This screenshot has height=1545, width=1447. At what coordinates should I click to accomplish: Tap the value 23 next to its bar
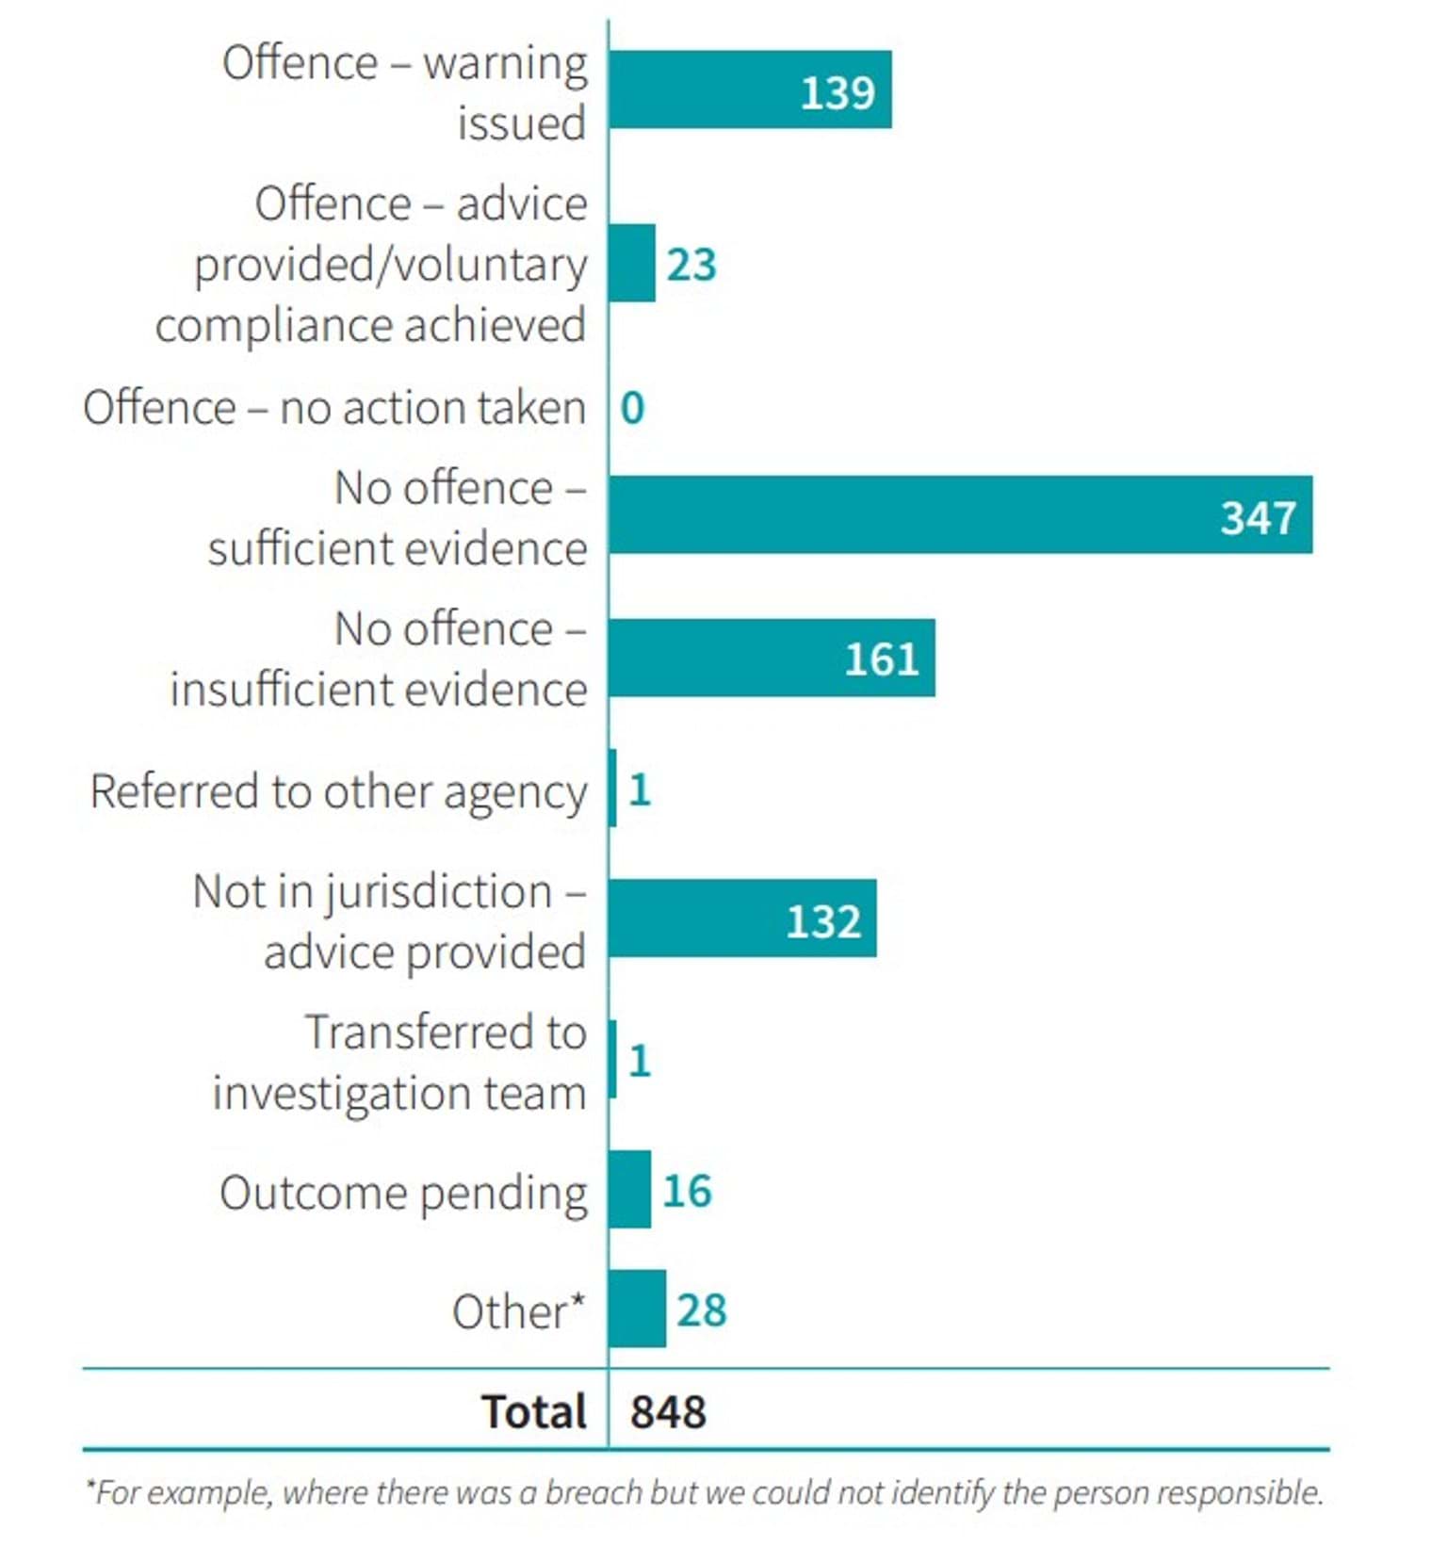pyautogui.click(x=691, y=265)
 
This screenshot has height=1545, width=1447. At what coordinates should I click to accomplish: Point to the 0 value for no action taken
pyautogui.click(x=632, y=408)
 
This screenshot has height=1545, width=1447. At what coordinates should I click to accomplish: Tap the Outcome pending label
pyautogui.click(x=402, y=1193)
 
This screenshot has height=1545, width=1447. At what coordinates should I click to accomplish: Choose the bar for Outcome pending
pyautogui.click(x=629, y=1189)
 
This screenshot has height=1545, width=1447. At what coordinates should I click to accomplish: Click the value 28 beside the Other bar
pyautogui.click(x=701, y=1310)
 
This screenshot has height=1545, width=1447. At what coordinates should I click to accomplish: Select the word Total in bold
pyautogui.click(x=533, y=1411)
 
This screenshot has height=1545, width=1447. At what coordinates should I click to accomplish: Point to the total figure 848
pyautogui.click(x=668, y=1412)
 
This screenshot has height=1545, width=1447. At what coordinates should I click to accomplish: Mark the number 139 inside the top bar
pyautogui.click(x=837, y=92)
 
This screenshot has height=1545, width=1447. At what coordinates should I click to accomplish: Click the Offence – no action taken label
pyautogui.click(x=333, y=408)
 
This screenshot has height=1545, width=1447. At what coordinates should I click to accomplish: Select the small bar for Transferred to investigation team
pyautogui.click(x=613, y=1059)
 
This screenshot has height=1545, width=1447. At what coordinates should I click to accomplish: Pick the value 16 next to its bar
pyautogui.click(x=687, y=1191)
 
